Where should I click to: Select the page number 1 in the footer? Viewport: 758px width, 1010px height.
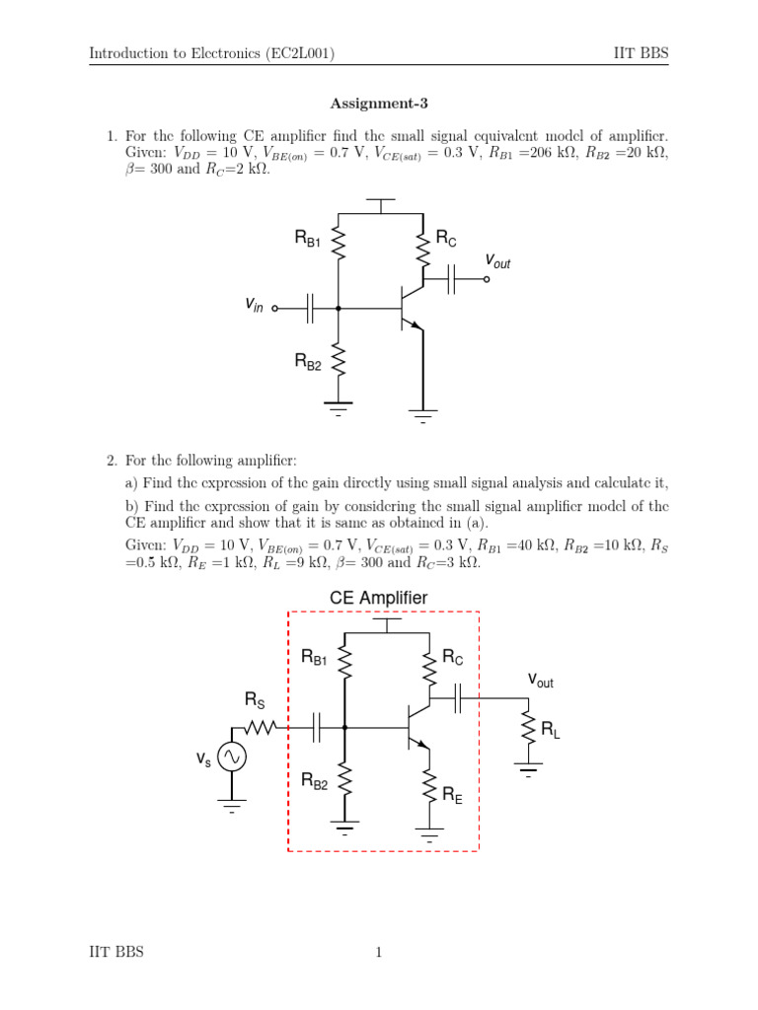pyautogui.click(x=378, y=952)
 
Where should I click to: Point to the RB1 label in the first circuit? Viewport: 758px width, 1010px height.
pyautogui.click(x=308, y=238)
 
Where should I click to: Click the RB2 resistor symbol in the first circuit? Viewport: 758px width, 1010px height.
pyautogui.click(x=339, y=361)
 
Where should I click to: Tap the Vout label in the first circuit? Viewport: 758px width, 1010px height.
pyautogui.click(x=497, y=260)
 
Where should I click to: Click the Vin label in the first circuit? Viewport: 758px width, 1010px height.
pyautogui.click(x=255, y=307)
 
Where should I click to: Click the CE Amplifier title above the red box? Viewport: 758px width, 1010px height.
pyautogui.click(x=379, y=598)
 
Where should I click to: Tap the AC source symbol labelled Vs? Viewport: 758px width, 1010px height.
pyautogui.click(x=232, y=757)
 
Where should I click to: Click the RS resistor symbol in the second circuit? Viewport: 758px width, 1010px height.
pyautogui.click(x=262, y=729)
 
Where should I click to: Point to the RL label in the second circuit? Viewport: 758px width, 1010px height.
pyautogui.click(x=551, y=731)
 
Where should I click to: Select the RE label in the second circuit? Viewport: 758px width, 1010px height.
pyautogui.click(x=453, y=793)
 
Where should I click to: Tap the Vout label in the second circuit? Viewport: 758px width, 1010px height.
pyautogui.click(x=541, y=680)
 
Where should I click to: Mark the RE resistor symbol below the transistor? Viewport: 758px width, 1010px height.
pyautogui.click(x=430, y=785)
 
